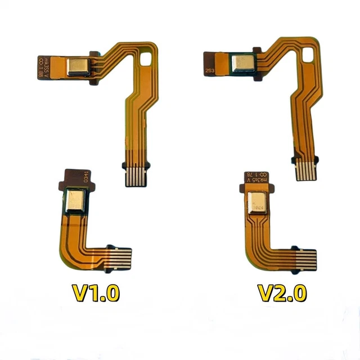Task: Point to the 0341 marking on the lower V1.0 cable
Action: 86,179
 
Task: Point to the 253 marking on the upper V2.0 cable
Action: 209,71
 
